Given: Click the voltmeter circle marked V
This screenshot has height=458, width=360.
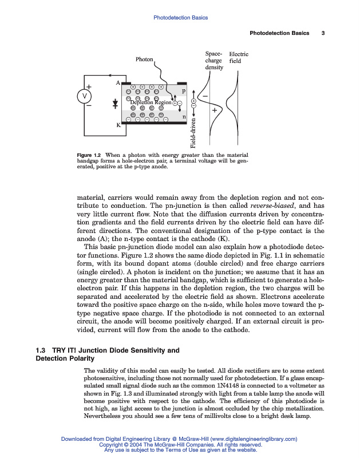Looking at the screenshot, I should point(84,96).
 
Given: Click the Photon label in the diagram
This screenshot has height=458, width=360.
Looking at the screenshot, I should point(144,60).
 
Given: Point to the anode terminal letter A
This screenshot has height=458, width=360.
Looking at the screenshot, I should point(118,83).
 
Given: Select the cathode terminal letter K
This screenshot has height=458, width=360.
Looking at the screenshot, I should point(118,127).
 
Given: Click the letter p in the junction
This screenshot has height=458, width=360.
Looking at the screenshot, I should point(183,90).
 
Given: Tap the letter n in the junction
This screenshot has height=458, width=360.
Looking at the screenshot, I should point(183,117).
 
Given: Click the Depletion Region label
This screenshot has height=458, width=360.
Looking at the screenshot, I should point(151,102).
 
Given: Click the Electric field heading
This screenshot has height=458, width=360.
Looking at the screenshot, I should point(239,57).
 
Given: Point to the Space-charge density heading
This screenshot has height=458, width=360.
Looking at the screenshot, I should point(213,60).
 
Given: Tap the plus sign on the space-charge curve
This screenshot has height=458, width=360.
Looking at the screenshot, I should point(214,109).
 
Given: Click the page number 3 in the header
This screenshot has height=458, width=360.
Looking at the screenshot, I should point(323,33).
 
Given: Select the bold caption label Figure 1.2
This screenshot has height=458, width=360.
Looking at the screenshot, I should point(89,155).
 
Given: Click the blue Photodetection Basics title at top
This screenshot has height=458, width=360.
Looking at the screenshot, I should point(180,18).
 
